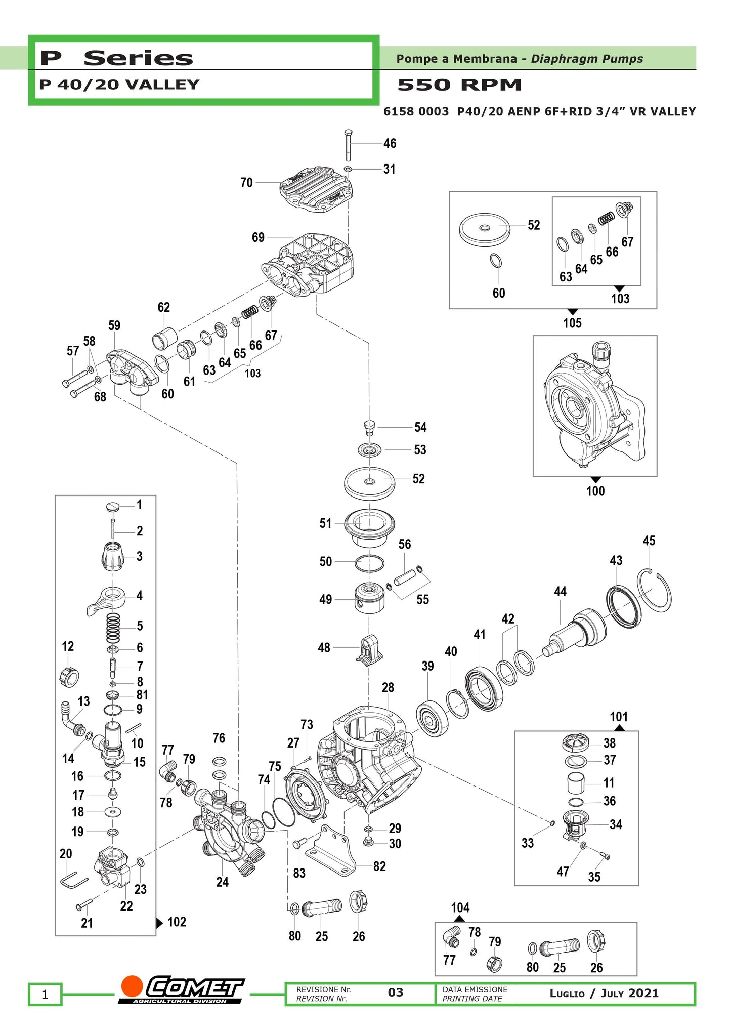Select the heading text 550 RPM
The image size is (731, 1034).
coord(459,85)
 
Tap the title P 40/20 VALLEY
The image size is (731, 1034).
coord(119,85)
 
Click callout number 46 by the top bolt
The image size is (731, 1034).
coord(390,144)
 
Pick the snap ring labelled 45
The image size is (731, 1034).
coord(655,591)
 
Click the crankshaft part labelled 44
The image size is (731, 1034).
coord(575,632)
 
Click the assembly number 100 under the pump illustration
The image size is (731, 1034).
coord(595,490)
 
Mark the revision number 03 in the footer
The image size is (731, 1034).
coord(395,992)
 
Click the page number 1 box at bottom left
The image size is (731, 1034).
coord(45,994)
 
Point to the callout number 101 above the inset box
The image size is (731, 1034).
coord(619,717)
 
